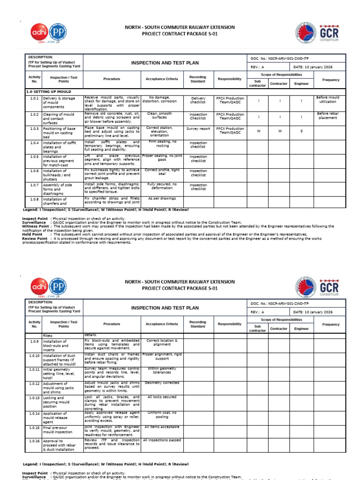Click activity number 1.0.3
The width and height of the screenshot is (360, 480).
(x=34, y=128)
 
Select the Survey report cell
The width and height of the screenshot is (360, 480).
(x=198, y=128)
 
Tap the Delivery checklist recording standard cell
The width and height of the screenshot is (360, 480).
(x=198, y=100)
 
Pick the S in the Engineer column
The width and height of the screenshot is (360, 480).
(x=301, y=131)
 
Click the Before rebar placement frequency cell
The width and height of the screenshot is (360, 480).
(x=328, y=116)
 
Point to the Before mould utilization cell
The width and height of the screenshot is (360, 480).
(x=328, y=99)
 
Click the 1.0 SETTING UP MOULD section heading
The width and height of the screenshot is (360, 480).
(x=49, y=92)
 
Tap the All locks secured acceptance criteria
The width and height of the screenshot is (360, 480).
(x=162, y=397)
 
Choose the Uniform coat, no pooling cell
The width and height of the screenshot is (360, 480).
(x=162, y=415)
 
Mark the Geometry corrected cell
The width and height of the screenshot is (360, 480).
(x=162, y=383)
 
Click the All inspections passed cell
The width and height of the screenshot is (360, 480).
(x=162, y=440)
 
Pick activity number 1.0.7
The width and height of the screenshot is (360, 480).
(x=34, y=185)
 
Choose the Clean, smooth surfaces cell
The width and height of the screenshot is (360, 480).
(x=159, y=116)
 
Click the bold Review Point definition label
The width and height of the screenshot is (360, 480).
(x=35, y=238)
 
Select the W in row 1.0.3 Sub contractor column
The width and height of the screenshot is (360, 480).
(x=258, y=131)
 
